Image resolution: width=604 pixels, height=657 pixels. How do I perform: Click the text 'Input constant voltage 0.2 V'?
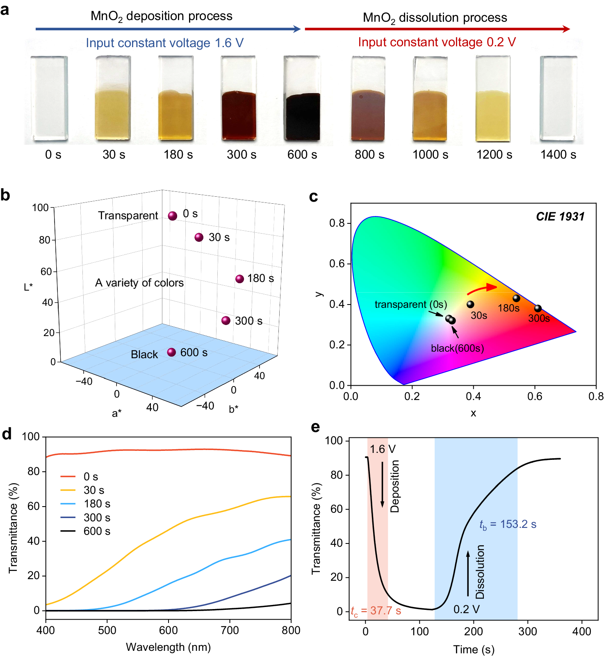tap(437, 42)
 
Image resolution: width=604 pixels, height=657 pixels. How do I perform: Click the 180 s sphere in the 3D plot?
tap(240, 279)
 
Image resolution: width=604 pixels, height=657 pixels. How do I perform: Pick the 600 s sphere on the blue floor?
tap(172, 352)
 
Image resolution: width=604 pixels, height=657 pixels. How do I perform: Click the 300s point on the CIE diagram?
tap(538, 308)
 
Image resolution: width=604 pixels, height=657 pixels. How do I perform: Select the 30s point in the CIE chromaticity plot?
tap(470, 304)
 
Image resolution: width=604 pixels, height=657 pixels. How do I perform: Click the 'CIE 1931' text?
tap(560, 217)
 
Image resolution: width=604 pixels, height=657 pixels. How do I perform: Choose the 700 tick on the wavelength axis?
tap(230, 630)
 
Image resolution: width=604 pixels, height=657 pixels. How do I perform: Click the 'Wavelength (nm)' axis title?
tap(168, 647)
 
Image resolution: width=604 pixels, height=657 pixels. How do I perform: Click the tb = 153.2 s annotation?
tap(508, 524)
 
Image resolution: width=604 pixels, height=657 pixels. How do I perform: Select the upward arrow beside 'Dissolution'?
tap(468, 574)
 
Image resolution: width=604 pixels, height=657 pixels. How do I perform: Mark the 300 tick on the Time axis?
tap(528, 631)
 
